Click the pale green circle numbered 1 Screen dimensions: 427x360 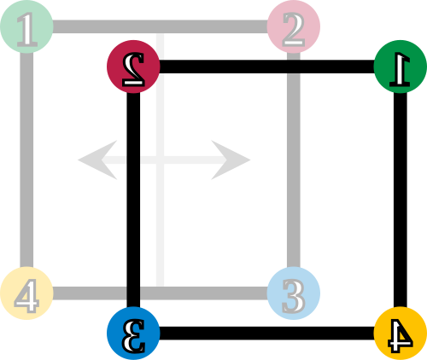pyautogui.click(x=26, y=26)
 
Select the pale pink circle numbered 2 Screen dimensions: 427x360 pyautogui.click(x=294, y=26)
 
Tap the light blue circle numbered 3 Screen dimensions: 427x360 pyautogui.click(x=294, y=293)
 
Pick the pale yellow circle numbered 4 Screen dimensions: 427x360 pyautogui.click(x=26, y=293)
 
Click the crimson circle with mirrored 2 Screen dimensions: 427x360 pyautogui.click(x=133, y=67)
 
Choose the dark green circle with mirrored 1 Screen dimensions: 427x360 pyautogui.click(x=401, y=67)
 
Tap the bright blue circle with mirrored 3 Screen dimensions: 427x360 pyautogui.click(x=133, y=334)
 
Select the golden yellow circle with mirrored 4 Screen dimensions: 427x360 pyautogui.click(x=401, y=334)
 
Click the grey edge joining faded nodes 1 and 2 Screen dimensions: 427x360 pyautogui.click(x=160, y=26)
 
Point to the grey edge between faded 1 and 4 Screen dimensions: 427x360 pyautogui.click(x=26, y=160)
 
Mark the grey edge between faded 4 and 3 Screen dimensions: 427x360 pyautogui.click(x=160, y=293)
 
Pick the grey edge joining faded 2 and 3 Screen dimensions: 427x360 pyautogui.click(x=294, y=160)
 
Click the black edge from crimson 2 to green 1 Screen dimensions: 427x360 pyautogui.click(x=266, y=67)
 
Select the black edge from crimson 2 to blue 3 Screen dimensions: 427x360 pyautogui.click(x=133, y=200)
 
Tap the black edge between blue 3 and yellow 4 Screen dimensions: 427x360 pyautogui.click(x=266, y=334)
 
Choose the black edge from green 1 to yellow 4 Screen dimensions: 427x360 pyautogui.click(x=401, y=200)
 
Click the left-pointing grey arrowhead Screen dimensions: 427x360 pyautogui.click(x=97, y=160)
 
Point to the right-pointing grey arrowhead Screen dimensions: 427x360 pyautogui.click(x=231, y=160)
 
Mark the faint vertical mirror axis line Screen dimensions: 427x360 pyautogui.click(x=160, y=160)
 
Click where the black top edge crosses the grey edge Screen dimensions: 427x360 pyautogui.click(x=294, y=67)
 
